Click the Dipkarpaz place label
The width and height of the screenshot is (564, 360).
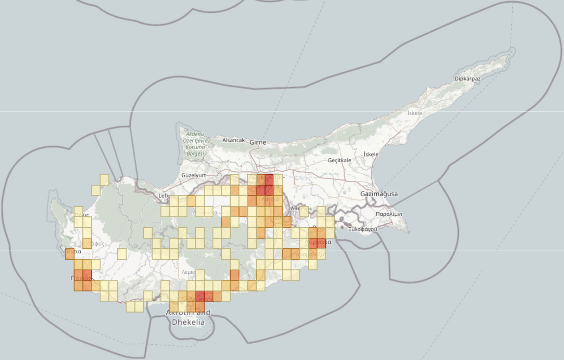467,79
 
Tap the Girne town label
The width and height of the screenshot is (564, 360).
258,142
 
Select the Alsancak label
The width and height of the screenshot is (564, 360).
233,140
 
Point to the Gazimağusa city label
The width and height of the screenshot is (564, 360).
379,194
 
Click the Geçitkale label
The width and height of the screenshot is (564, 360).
339,160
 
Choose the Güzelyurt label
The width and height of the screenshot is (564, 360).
193,175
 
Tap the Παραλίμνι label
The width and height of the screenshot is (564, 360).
389,214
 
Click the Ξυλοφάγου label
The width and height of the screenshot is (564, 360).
362,229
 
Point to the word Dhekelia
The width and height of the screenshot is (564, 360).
188,322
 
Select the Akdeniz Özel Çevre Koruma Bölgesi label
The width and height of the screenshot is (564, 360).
195,144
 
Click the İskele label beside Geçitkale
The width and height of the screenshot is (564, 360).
371,154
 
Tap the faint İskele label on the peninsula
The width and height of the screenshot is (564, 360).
415,113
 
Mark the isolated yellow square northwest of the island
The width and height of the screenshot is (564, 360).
104,180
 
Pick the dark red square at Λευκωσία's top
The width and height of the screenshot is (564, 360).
269,179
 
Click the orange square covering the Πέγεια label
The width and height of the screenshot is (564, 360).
69,254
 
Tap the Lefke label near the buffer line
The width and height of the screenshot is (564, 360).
164,196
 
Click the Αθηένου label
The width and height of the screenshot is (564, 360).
301,209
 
